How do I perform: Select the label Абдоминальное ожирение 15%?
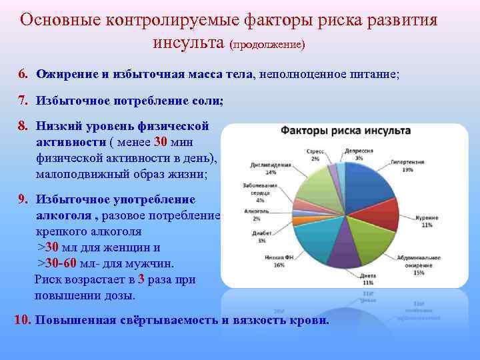point(419,266)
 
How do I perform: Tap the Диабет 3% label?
point(262,237)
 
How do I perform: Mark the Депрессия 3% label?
point(359,155)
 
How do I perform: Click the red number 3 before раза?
point(142,279)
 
